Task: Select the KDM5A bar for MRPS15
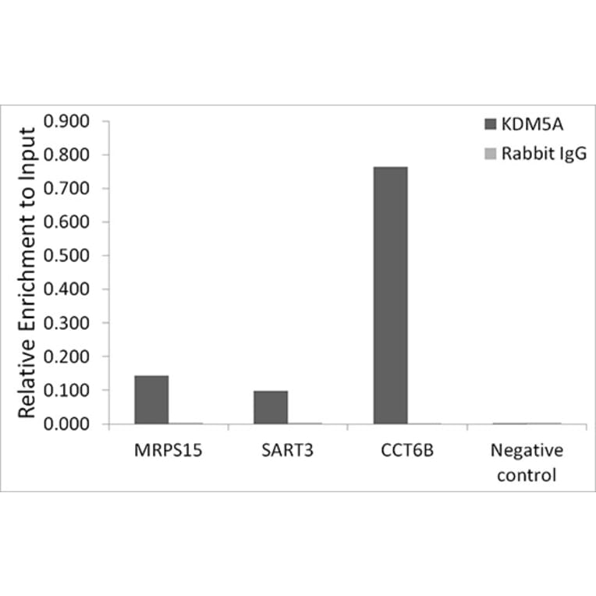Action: tap(151, 399)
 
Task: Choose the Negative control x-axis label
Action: tap(526, 462)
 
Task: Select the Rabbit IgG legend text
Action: tap(543, 154)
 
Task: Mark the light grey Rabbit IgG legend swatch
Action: tap(490, 154)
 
